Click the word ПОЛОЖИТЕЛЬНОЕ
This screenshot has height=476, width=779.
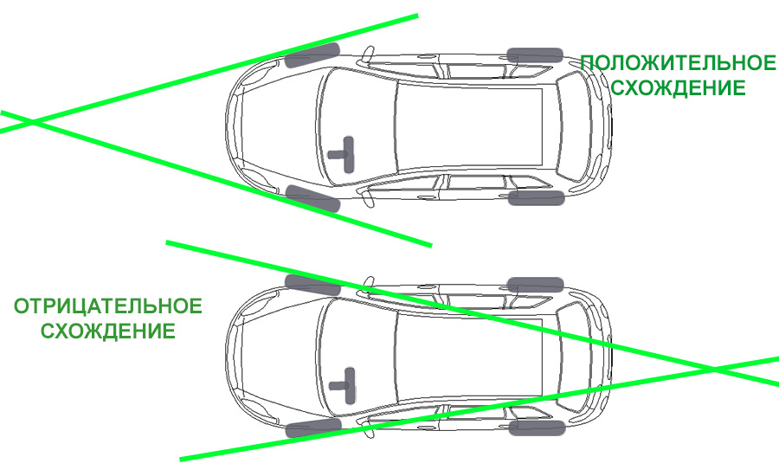(678, 63)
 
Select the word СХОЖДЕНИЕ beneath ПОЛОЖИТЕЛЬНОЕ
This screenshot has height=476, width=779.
(678, 88)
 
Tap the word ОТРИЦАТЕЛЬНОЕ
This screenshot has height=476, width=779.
(108, 306)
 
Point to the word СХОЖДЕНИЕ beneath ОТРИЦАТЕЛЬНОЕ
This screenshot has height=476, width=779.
(108, 331)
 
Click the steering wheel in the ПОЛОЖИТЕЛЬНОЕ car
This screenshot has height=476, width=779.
(344, 155)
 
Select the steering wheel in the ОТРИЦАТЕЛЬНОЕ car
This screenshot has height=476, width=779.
(344, 386)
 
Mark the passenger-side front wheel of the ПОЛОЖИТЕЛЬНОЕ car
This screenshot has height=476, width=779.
(312, 55)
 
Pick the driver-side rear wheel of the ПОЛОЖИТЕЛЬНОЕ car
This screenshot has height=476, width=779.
(536, 197)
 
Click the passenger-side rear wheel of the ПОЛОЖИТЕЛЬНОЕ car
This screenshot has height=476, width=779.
(535, 55)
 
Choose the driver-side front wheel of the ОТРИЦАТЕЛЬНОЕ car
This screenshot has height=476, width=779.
(313, 428)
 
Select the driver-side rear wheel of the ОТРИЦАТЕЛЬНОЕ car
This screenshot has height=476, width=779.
(537, 428)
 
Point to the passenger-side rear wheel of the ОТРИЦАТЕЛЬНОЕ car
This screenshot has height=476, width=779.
(536, 285)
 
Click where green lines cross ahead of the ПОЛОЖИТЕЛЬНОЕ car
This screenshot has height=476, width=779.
(33, 122)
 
